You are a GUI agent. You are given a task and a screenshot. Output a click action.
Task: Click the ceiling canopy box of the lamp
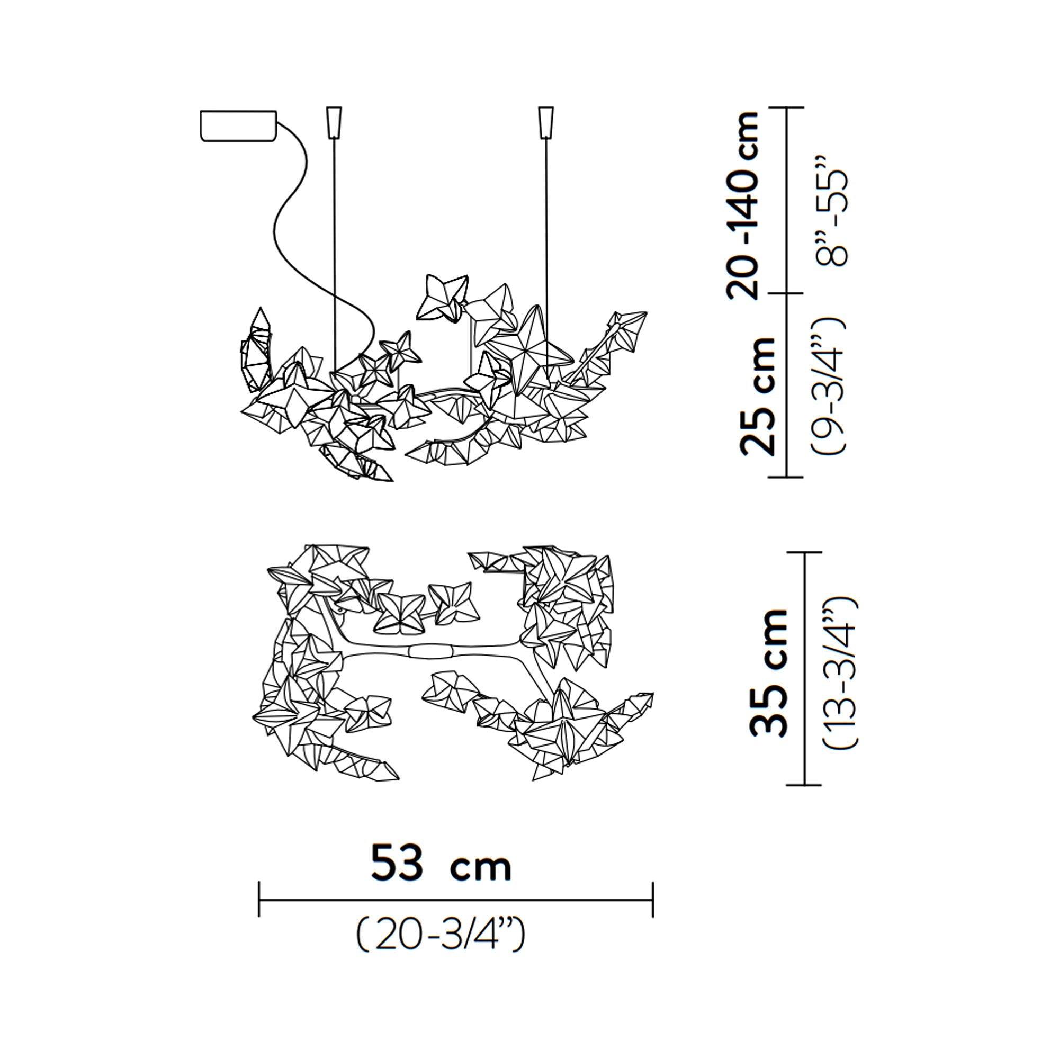[238, 125]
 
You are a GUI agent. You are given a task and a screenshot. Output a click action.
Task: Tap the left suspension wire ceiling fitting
[334, 122]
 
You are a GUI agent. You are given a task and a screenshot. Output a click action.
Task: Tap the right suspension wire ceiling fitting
[546, 122]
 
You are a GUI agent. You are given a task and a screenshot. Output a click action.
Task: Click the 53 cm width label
[441, 863]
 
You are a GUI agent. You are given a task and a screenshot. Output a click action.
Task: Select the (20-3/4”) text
[441, 936]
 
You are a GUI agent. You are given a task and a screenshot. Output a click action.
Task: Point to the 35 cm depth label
[768, 672]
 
